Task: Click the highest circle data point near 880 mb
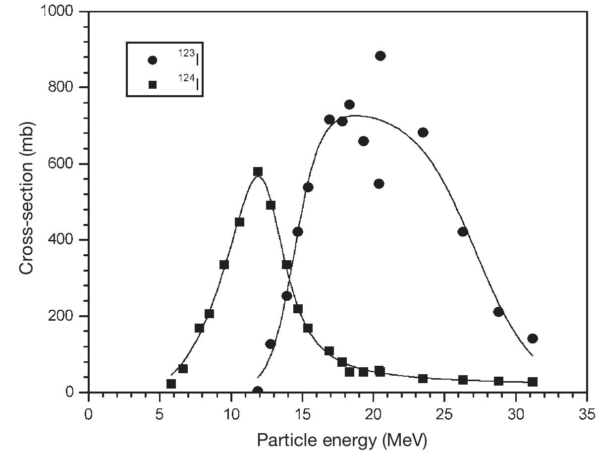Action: [x=381, y=56]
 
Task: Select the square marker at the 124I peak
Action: [x=258, y=171]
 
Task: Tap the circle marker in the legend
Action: [x=153, y=60]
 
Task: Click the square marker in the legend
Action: [x=153, y=85]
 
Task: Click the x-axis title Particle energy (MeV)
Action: [x=341, y=440]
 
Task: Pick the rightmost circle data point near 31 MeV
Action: [x=533, y=339]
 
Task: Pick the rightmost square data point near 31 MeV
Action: [x=533, y=382]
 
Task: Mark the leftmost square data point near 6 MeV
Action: [x=171, y=384]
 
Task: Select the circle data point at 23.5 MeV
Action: [x=423, y=132]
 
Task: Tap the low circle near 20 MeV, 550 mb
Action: [x=379, y=184]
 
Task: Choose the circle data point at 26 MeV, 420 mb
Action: [x=463, y=231]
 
